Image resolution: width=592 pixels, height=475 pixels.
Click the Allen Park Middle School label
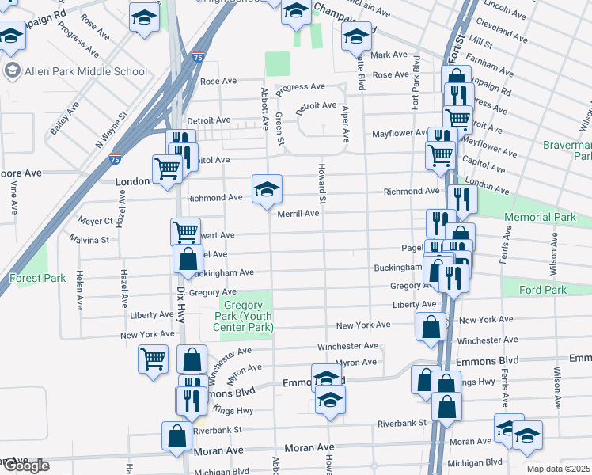click(x=86, y=71)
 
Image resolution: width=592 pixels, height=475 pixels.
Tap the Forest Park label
click(x=37, y=278)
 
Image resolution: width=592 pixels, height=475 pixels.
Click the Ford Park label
click(x=542, y=291)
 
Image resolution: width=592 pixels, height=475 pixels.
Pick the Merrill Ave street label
click(x=298, y=214)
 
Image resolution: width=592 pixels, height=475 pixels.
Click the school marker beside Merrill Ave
click(x=267, y=189)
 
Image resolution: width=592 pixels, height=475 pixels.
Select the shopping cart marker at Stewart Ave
click(x=185, y=232)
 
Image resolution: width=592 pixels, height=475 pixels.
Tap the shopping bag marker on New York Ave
click(x=430, y=326)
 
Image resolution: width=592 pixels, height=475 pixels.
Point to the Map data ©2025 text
click(x=559, y=469)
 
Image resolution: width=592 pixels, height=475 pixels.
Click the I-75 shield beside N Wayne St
click(x=116, y=158)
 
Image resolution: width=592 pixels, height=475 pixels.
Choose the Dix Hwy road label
click(x=181, y=302)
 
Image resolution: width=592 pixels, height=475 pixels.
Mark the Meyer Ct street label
click(x=96, y=221)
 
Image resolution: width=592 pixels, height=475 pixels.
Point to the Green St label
click(x=280, y=128)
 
